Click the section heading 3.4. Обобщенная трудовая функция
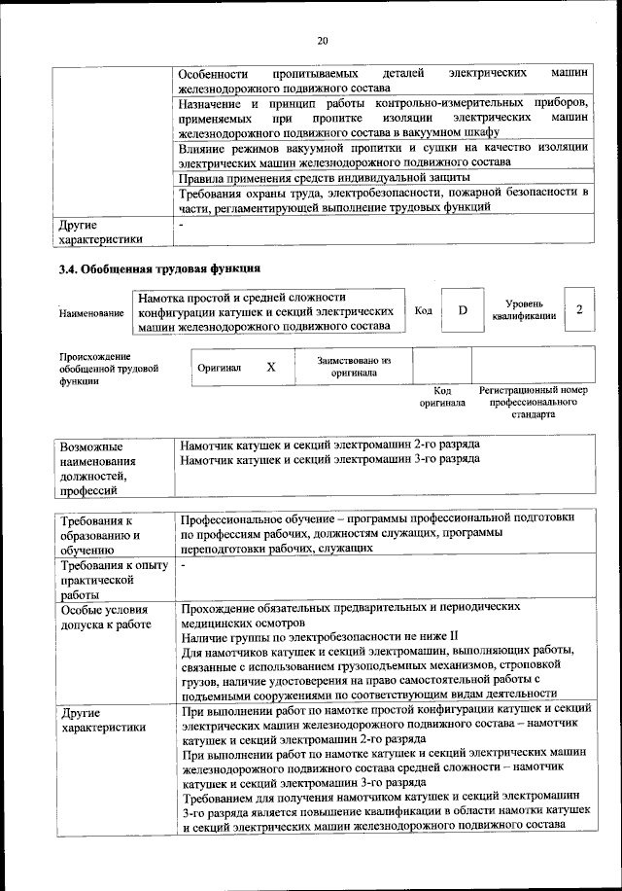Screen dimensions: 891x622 click(159, 267)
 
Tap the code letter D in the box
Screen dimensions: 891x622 click(463, 309)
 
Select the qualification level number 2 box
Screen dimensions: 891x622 click(579, 309)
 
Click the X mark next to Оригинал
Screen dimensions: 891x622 click(271, 367)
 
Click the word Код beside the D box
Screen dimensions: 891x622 click(423, 310)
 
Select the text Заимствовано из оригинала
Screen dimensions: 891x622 click(354, 367)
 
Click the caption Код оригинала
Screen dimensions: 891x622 click(442, 395)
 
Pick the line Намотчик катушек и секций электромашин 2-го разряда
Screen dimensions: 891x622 click(329, 445)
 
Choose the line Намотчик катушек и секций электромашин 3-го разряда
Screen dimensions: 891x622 click(329, 458)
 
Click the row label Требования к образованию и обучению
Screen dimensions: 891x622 click(101, 535)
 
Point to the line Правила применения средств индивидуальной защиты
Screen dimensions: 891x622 click(326, 178)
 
